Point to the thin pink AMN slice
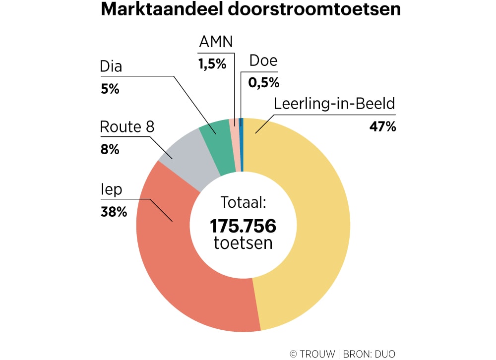[234, 144]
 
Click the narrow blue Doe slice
[241, 144]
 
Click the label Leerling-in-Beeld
[334, 104]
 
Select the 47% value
[382, 126]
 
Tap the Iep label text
[111, 190]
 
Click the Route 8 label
[127, 127]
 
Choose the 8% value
[110, 149]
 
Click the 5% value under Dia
[110, 89]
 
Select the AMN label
[216, 42]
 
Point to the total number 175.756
[243, 226]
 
